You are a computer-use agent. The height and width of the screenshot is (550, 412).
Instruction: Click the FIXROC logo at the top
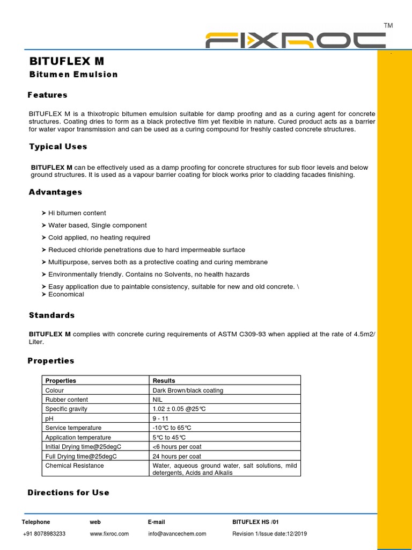coord(296,41)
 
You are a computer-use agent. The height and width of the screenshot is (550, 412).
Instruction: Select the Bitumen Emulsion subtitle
coord(73,75)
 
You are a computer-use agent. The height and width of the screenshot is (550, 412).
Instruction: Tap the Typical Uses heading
coord(58,147)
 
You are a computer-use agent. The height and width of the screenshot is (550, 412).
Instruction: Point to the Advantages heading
coord(56,192)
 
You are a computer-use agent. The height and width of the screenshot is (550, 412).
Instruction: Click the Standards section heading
coord(52,315)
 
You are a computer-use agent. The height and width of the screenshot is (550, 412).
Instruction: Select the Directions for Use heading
coord(69,493)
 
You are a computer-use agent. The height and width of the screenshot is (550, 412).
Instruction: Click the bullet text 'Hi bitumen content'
coord(77,213)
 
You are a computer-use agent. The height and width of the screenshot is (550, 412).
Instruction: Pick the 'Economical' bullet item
coord(66,294)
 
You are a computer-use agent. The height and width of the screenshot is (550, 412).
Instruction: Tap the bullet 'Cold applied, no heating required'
coord(99,237)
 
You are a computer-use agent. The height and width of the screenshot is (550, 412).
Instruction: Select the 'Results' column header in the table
coord(164,381)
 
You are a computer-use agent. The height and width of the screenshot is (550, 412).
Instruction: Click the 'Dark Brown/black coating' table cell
coord(188,390)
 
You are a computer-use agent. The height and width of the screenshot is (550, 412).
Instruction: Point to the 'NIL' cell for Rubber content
coord(158,400)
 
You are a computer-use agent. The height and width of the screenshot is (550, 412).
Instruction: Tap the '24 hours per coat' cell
coord(178,456)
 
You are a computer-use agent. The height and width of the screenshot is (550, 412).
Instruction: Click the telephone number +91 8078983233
coord(44,534)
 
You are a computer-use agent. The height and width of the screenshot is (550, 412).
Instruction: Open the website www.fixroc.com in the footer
coord(109,534)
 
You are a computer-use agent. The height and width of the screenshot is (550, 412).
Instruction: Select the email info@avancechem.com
coord(176,534)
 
